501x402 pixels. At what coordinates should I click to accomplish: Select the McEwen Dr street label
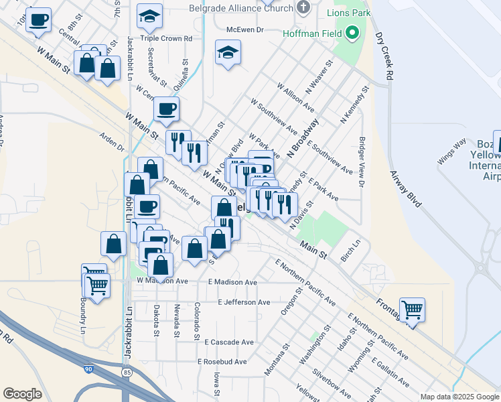[x=246, y=29]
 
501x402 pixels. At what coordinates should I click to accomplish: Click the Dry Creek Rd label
[x=383, y=56]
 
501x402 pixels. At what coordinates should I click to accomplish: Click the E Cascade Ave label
[x=230, y=342]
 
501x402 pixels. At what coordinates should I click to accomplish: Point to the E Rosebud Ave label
[x=222, y=362]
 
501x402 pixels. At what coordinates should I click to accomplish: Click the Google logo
[x=23, y=394]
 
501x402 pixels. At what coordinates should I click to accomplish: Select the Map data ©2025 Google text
[x=459, y=397]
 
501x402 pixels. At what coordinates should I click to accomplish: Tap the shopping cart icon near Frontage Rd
[x=412, y=310]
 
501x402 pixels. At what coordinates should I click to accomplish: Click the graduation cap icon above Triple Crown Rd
[x=149, y=16]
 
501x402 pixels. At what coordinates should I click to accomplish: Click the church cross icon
[x=303, y=7]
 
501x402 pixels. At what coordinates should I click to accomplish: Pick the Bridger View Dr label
[x=362, y=162]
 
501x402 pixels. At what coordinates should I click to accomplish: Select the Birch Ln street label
[x=346, y=249]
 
